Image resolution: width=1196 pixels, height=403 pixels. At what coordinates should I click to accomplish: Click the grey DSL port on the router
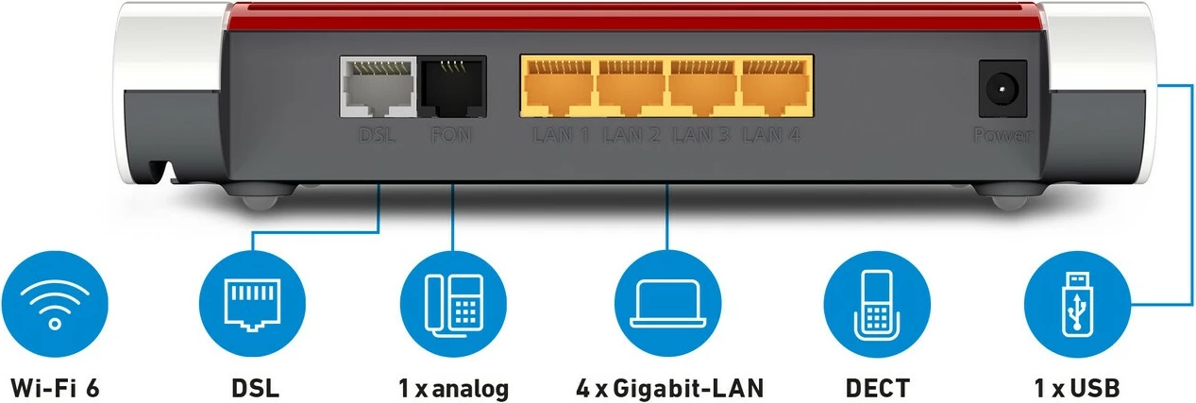pyautogui.click(x=378, y=89)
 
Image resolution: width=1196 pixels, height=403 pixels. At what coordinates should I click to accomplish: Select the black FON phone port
pyautogui.click(x=451, y=89)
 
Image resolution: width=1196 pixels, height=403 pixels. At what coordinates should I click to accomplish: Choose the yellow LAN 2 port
pyautogui.click(x=632, y=89)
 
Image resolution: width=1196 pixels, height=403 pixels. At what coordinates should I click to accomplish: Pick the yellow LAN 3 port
pyautogui.click(x=703, y=89)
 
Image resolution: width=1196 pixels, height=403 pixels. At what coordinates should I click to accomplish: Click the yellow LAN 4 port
pyautogui.click(x=775, y=89)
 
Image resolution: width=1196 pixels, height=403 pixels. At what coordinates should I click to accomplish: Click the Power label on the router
pyautogui.click(x=1002, y=136)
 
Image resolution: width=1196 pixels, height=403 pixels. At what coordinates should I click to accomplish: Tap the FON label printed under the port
pyautogui.click(x=451, y=136)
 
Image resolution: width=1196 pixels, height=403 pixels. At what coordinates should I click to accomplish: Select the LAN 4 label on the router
pyautogui.click(x=771, y=136)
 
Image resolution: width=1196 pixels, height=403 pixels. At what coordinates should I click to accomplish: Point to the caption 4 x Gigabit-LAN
pyautogui.click(x=668, y=387)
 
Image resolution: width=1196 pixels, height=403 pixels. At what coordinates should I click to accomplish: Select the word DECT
pyautogui.click(x=877, y=387)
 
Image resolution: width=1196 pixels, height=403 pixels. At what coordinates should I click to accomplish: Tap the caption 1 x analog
pyautogui.click(x=453, y=387)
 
